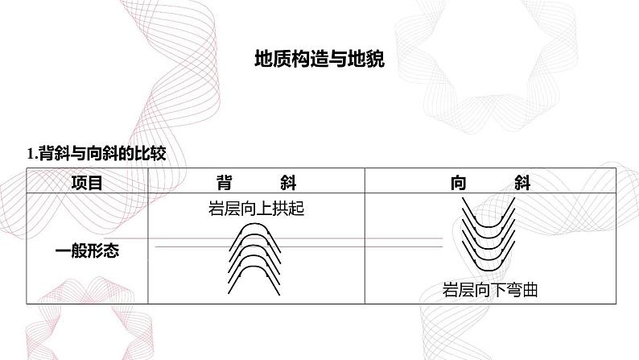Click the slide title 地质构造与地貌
pos(319,59)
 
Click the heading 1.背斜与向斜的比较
pos(97,154)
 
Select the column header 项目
pos(87,183)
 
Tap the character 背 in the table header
pos(225,183)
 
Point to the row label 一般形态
pos(87,250)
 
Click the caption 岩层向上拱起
pos(257,209)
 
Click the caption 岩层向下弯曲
pos(490,290)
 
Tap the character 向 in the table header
pos(459,183)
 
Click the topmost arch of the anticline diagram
pos(254,224)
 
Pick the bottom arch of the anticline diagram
pos(254,267)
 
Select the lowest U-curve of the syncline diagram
pos(489,270)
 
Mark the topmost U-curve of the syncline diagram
pos(489,226)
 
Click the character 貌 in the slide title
pos(375,59)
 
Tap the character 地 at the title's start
pos(264,59)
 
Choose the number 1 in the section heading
pos(30,154)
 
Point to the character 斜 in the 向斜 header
pos(522,183)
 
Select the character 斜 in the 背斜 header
pos(288,183)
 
